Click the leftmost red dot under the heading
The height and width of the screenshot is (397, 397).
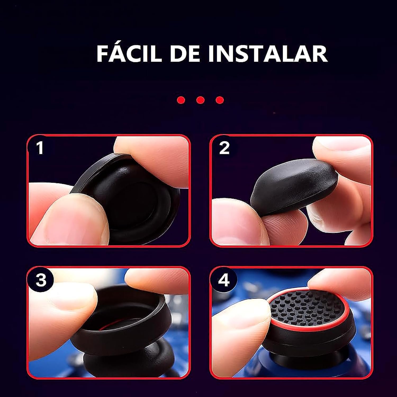pyautogui.click(x=181, y=100)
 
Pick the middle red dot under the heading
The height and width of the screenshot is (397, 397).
pyautogui.click(x=201, y=100)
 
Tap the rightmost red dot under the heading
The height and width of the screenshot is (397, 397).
pyautogui.click(x=220, y=100)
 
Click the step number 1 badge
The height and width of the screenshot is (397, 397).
pyautogui.click(x=40, y=147)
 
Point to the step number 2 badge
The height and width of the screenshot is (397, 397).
pyautogui.click(x=224, y=147)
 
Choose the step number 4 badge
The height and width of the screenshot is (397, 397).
pyautogui.click(x=224, y=279)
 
